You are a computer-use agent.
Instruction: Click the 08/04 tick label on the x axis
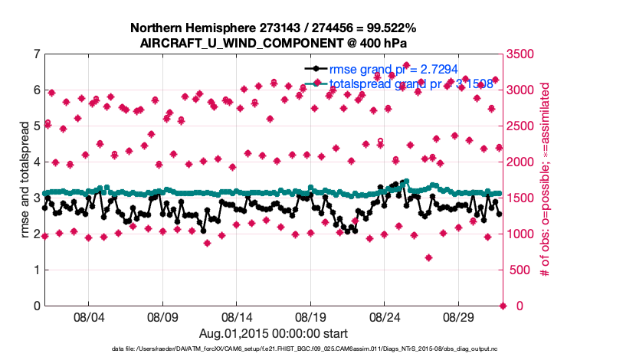pos(87,316)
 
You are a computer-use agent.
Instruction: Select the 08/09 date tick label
pos(162,316)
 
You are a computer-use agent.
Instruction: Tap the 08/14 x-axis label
pos(236,316)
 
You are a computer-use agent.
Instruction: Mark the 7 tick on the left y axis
pos(37,54)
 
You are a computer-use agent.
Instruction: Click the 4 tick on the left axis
pos(37,162)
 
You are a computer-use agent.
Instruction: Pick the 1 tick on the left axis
pos(37,270)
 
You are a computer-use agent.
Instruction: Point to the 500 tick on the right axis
pos(520,270)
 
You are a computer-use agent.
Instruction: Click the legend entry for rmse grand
pos(395,68)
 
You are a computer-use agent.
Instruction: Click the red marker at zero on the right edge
pos(503,306)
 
